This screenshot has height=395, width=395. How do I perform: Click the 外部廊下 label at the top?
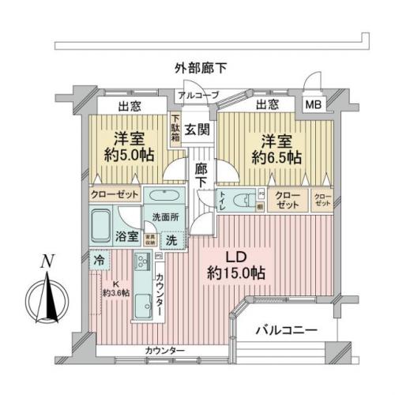[x=201, y=69]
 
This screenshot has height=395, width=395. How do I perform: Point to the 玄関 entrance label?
[x=197, y=129]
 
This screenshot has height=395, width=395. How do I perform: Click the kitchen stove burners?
[x=145, y=262]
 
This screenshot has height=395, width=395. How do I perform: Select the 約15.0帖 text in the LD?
[x=237, y=273]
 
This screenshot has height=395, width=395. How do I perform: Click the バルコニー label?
[x=287, y=330]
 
